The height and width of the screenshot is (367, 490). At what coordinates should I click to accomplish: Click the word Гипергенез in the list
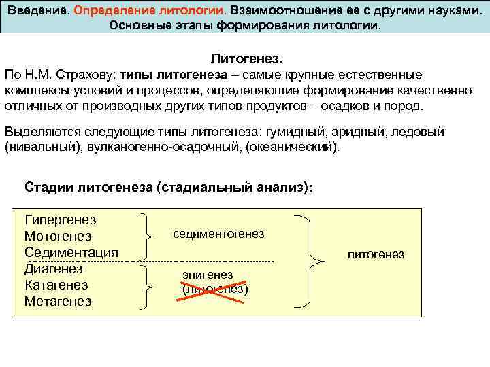(60, 220)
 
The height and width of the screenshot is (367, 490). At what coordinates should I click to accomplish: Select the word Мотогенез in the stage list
(57, 236)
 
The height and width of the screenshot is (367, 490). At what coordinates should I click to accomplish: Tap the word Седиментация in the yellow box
(71, 252)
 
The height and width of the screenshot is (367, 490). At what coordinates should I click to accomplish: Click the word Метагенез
(58, 301)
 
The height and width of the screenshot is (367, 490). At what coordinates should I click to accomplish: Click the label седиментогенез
(218, 234)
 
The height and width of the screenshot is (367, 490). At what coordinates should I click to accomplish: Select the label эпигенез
(208, 275)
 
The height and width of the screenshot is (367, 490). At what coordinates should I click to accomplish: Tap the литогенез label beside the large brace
(376, 254)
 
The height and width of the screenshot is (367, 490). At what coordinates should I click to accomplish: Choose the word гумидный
(297, 131)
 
